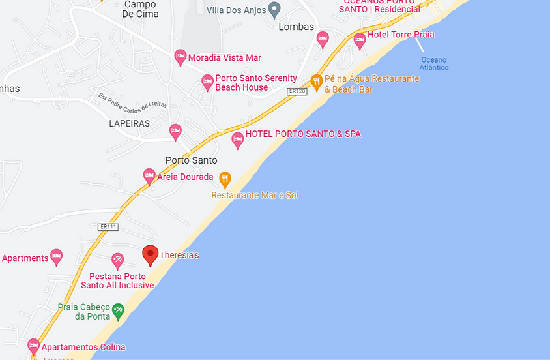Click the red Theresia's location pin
click(x=151, y=254)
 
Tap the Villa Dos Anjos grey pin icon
click(x=274, y=10)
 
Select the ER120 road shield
click(x=297, y=91)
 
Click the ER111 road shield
click(x=108, y=226)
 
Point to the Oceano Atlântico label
click(x=433, y=63)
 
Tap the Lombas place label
click(x=296, y=27)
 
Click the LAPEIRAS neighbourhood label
click(x=130, y=123)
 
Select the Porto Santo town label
click(x=191, y=160)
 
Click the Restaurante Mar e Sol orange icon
click(x=225, y=178)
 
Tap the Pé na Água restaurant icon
click(x=317, y=80)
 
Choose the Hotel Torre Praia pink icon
click(x=359, y=40)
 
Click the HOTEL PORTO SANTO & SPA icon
click(x=238, y=139)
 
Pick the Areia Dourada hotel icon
click(x=149, y=175)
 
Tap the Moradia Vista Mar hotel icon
click(x=181, y=57)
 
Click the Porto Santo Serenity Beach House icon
click(x=207, y=82)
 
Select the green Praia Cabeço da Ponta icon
click(x=118, y=310)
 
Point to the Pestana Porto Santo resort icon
click(x=117, y=261)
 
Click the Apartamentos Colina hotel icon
click(x=34, y=346)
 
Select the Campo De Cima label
click(x=139, y=9)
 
